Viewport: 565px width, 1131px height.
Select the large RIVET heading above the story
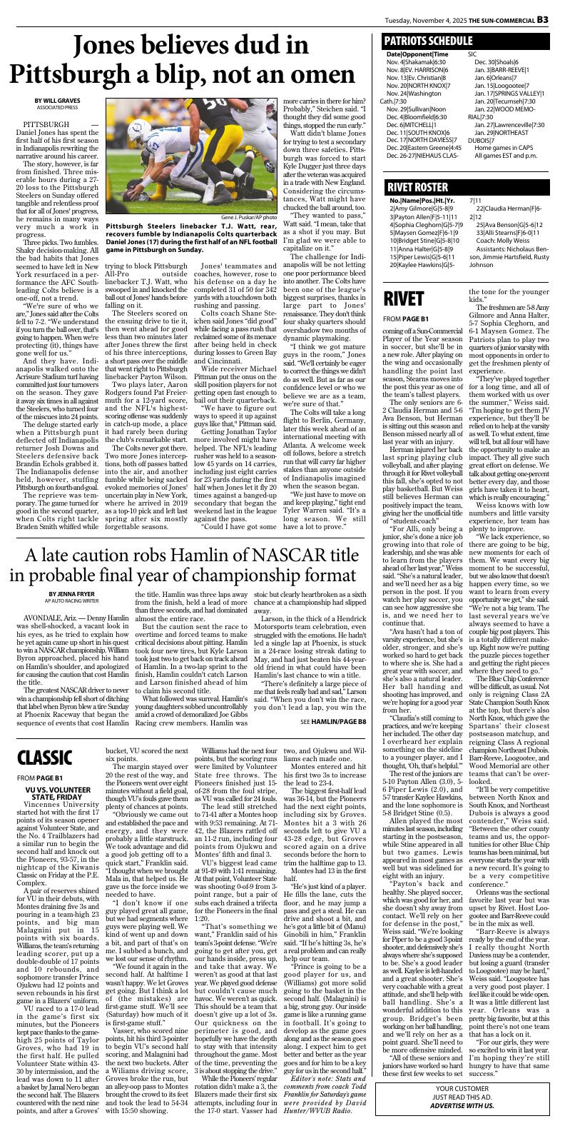tap(404, 299)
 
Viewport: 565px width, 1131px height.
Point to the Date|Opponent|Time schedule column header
tap(417, 54)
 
